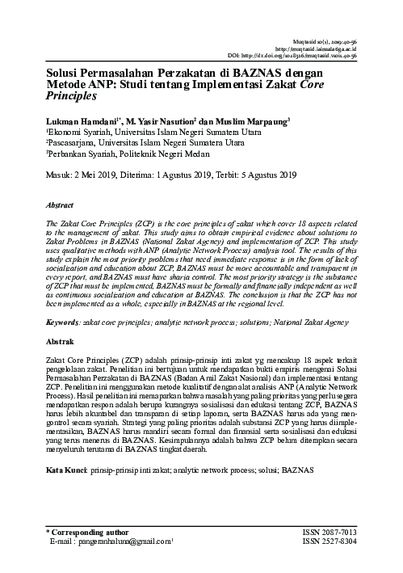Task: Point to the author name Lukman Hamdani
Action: coord(57,120)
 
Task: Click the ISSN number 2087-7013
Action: coord(357,533)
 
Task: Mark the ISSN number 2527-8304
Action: coord(357,541)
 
